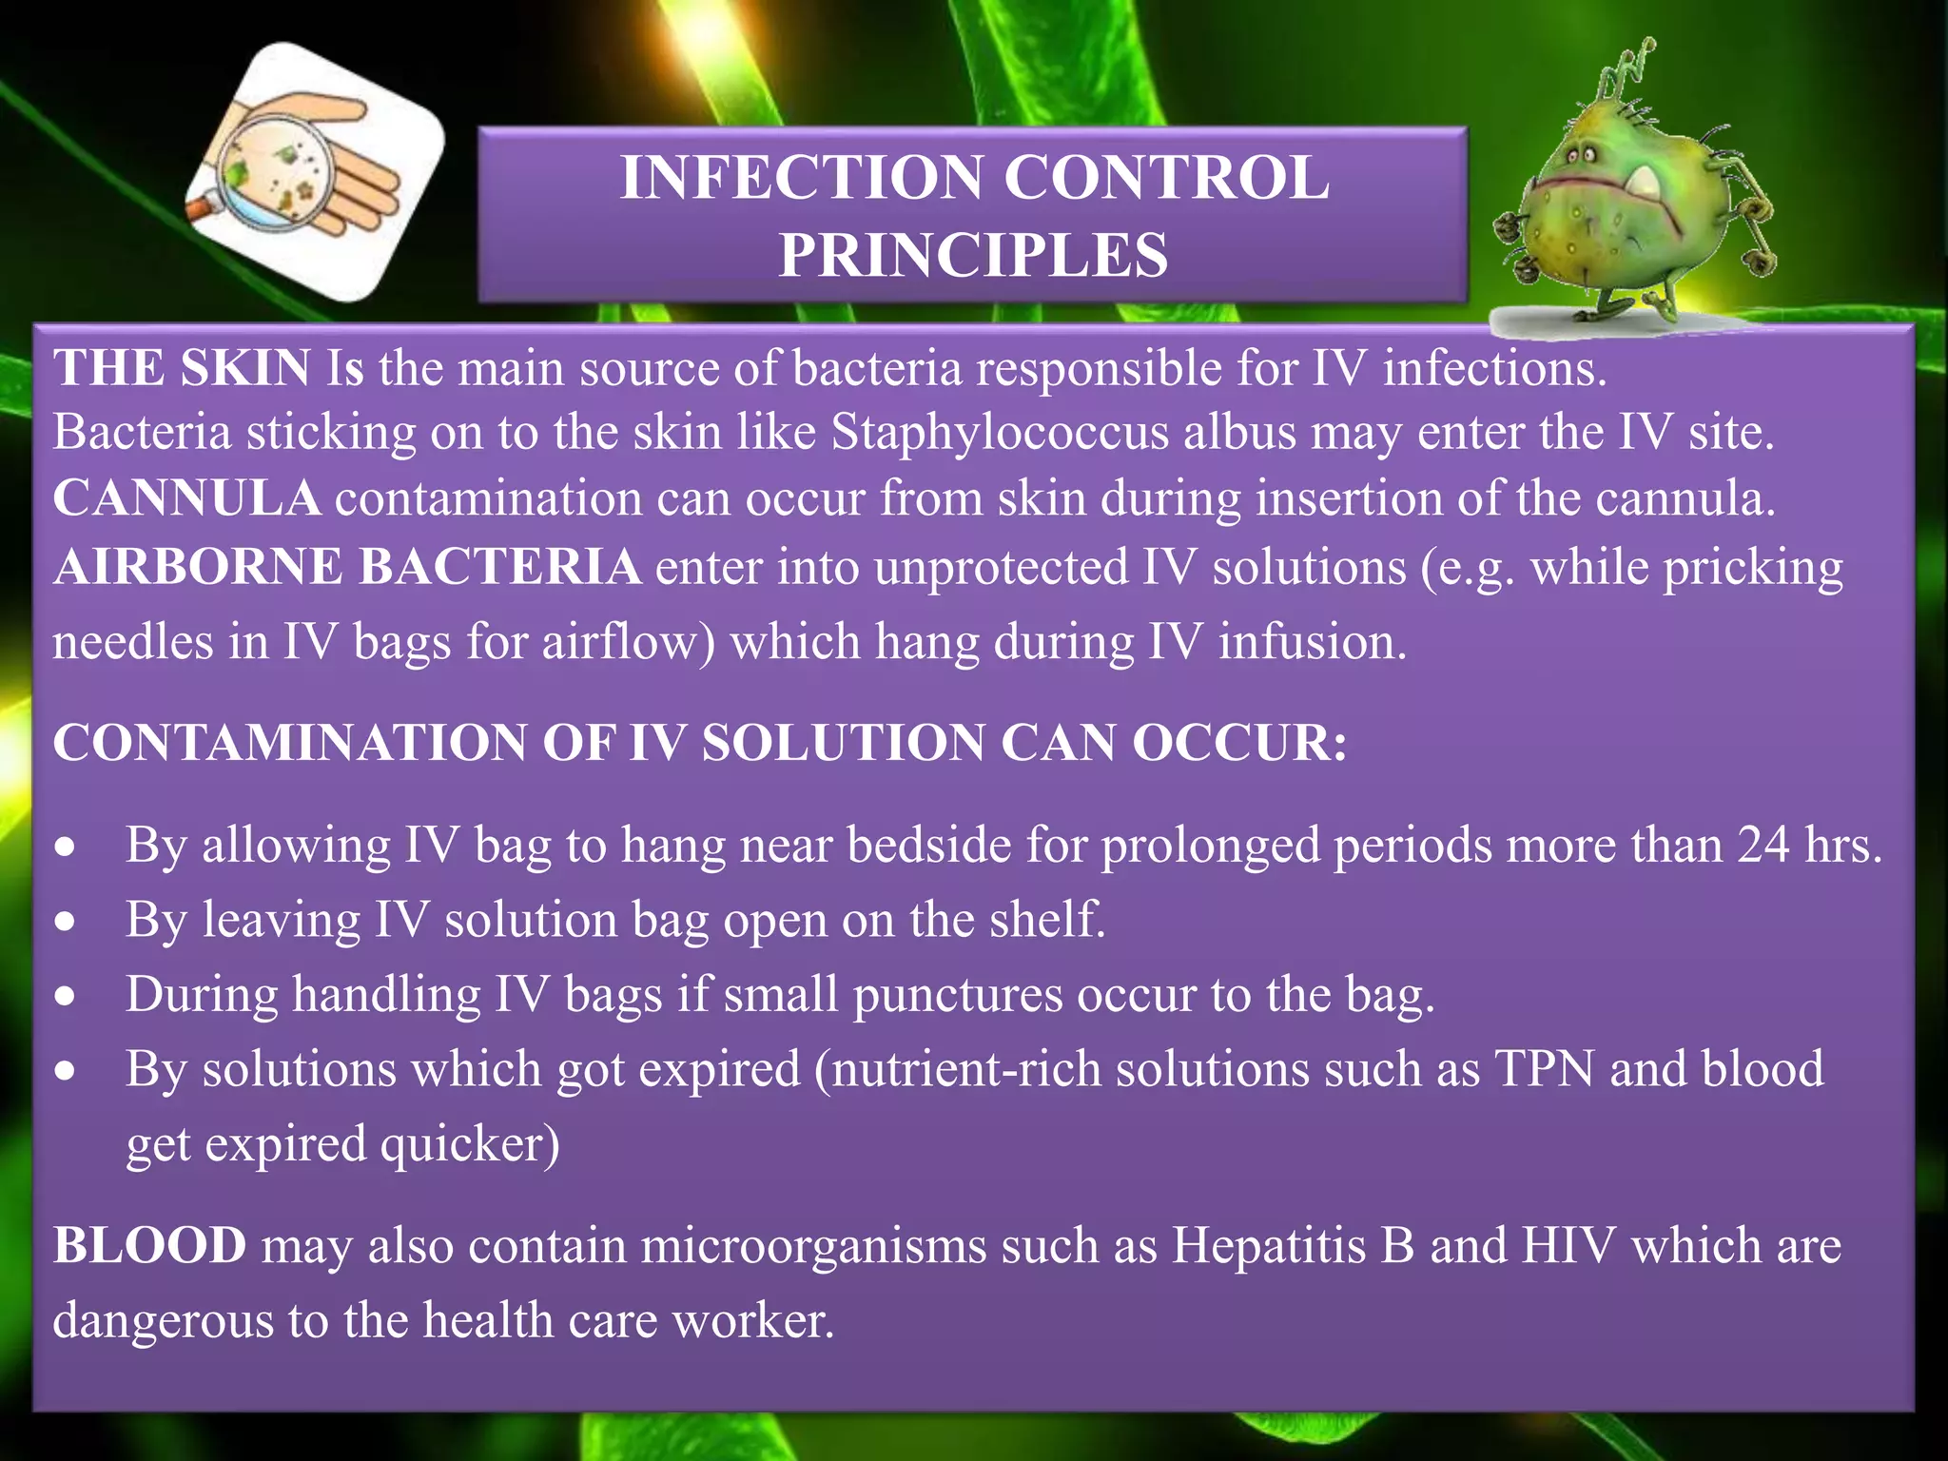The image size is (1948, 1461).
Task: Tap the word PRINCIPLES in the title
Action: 973,255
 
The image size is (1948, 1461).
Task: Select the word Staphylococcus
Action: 1000,433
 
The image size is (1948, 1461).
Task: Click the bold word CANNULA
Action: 186,498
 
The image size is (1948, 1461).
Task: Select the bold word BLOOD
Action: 149,1245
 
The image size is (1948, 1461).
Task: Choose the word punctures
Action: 957,995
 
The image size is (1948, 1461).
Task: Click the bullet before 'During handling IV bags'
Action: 65,997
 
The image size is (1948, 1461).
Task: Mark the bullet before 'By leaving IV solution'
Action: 65,922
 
